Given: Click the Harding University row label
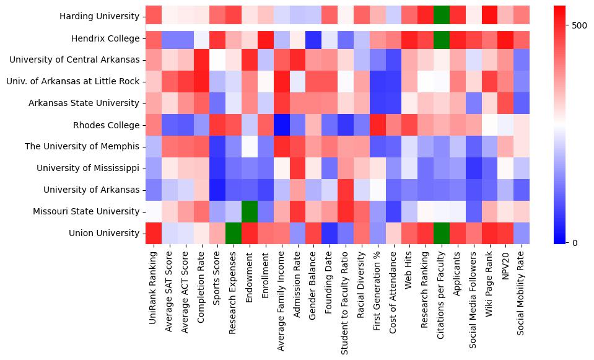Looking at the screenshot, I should pyautogui.click(x=100, y=17).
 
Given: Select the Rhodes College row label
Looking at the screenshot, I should pyautogui.click(x=108, y=125).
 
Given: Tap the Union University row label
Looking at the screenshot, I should pyautogui.click(x=105, y=233).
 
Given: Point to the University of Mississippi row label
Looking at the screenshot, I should pyautogui.click(x=88, y=168).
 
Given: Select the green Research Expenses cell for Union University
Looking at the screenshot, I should pyautogui.click(x=234, y=233).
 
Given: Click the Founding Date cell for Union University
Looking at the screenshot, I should pyautogui.click(x=330, y=233).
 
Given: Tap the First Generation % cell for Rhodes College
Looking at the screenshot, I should pyautogui.click(x=378, y=125).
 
